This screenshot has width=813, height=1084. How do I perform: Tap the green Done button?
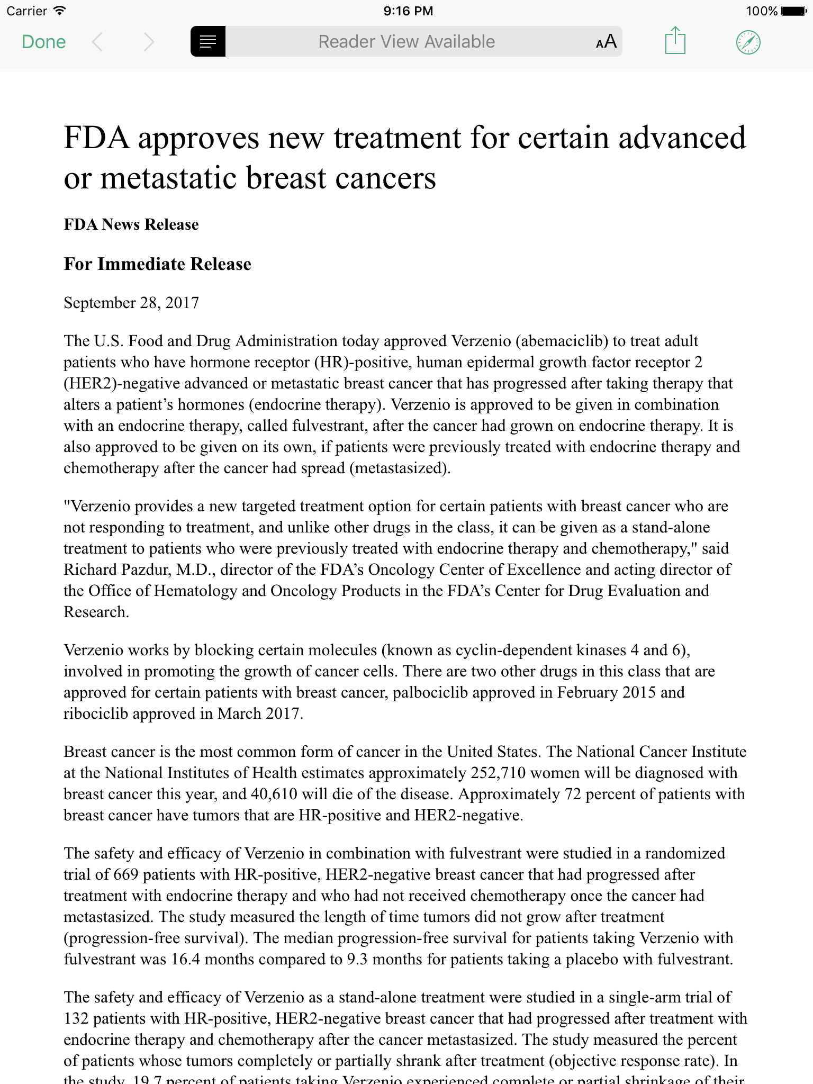coord(44,42)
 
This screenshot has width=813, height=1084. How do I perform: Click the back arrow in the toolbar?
coord(97,42)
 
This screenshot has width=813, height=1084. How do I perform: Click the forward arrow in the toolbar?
coord(149,42)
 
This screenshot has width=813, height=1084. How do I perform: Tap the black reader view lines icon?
coord(208,41)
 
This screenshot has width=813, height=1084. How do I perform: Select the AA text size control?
coord(606,42)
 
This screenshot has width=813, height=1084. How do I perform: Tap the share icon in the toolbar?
coord(675,41)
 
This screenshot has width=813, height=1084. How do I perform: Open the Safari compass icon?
coord(748,42)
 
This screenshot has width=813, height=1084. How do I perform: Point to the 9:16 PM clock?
coord(408,11)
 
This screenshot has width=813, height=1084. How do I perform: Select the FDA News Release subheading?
coord(131,224)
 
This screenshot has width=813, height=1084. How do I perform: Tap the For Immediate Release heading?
coord(157,264)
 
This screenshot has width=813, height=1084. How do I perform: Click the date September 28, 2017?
coord(131,303)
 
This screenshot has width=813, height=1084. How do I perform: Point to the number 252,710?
coord(498,773)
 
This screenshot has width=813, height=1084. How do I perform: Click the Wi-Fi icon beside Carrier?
coord(60,10)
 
